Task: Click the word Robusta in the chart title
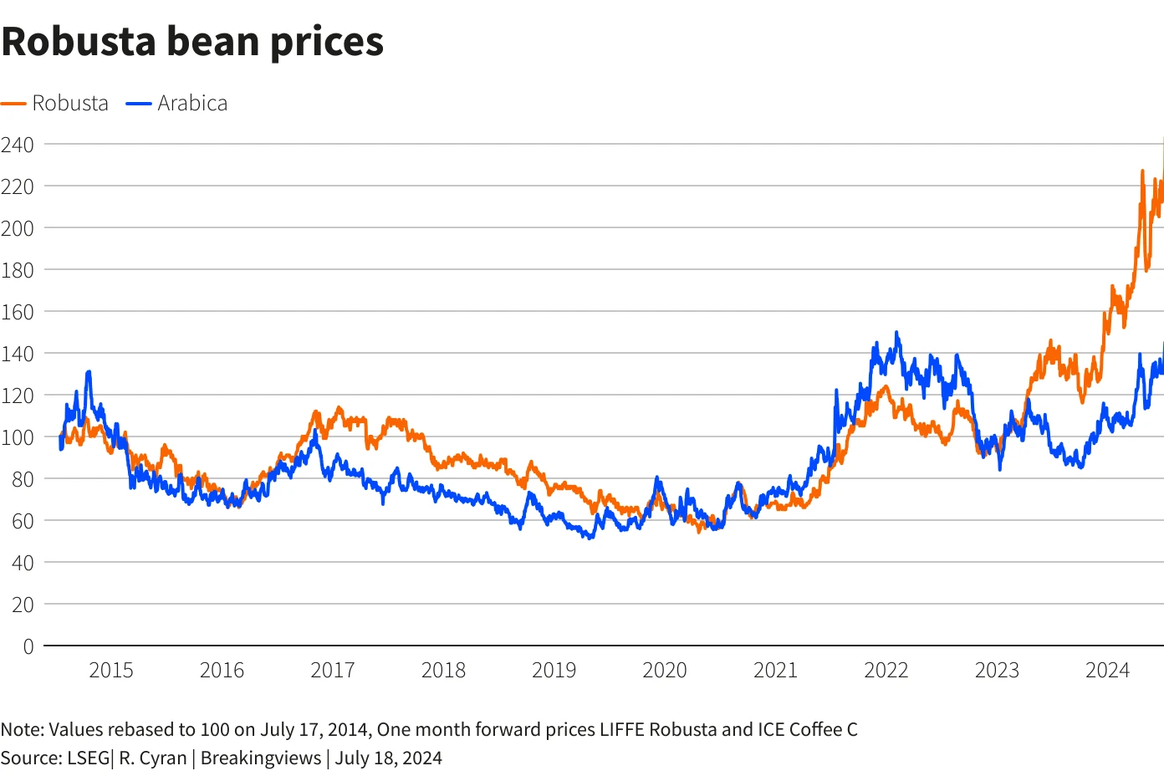point(79,41)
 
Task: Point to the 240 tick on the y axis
point(18,145)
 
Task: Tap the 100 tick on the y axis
point(18,436)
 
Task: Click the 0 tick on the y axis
point(28,646)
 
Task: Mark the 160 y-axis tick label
point(18,312)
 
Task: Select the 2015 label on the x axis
point(111,670)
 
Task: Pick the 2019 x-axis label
point(554,670)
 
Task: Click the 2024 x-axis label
point(1107,670)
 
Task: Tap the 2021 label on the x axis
point(775,670)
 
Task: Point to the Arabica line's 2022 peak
point(897,333)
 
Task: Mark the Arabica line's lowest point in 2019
point(590,538)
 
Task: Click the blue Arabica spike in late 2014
point(89,372)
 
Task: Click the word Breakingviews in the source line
point(261,758)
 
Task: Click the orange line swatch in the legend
point(13,104)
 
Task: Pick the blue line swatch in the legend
point(139,104)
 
